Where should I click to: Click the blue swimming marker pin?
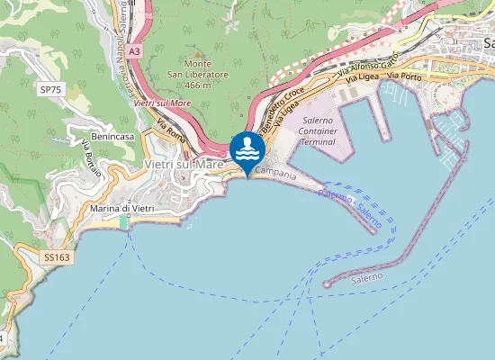point(247,151)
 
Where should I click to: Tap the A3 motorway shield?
point(134,52)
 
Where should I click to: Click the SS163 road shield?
point(56,257)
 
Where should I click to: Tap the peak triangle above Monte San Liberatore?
point(197,54)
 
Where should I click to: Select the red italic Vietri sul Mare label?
point(162,104)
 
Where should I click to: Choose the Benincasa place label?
point(112,135)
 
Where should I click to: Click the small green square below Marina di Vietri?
point(124,221)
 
